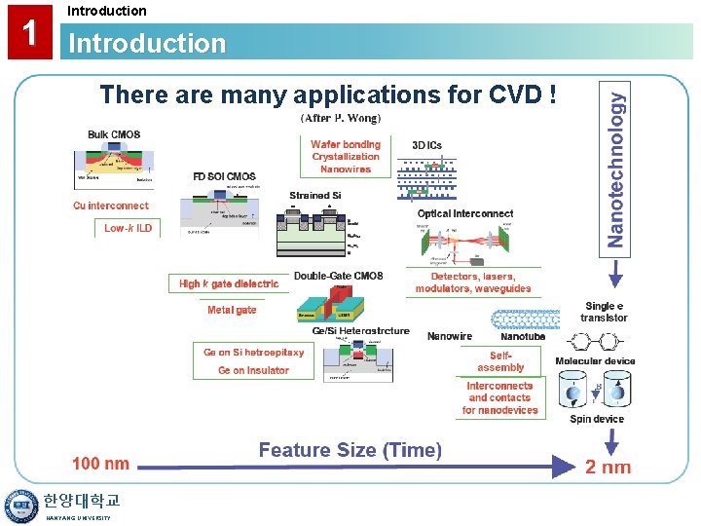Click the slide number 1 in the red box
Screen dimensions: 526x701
click(x=30, y=32)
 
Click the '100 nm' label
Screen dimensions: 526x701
click(x=100, y=464)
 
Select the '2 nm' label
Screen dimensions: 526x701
click(x=608, y=467)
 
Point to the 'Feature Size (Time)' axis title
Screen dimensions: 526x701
click(x=350, y=450)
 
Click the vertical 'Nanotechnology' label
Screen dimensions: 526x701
click(x=616, y=162)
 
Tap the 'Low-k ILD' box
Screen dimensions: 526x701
click(x=128, y=228)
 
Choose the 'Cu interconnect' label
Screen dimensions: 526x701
click(x=111, y=206)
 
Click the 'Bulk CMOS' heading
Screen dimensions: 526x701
click(x=114, y=134)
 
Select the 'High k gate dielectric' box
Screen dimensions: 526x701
click(x=229, y=283)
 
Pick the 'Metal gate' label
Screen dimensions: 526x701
click(x=232, y=310)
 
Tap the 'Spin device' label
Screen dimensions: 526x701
click(x=597, y=419)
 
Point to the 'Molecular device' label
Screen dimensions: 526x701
click(x=595, y=361)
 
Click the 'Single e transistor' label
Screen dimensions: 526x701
click(x=604, y=312)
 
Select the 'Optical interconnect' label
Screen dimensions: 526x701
click(x=465, y=213)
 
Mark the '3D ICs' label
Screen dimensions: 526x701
click(x=426, y=145)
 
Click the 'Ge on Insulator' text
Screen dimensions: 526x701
click(x=253, y=370)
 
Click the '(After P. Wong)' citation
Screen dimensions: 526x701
click(x=341, y=118)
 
